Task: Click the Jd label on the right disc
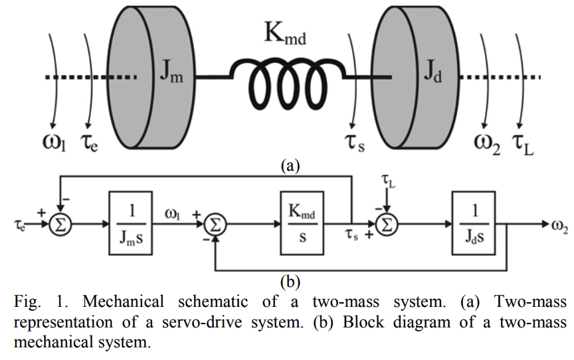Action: (433, 73)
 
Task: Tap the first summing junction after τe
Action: (60, 226)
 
